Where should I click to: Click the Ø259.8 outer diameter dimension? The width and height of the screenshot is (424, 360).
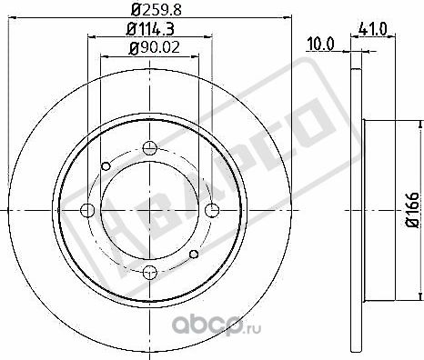[x=150, y=10]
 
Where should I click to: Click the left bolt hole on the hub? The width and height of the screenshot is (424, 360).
[x=88, y=211]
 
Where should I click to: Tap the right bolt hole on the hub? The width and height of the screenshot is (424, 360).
[x=212, y=211]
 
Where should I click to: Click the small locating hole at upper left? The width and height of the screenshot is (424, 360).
[x=106, y=165]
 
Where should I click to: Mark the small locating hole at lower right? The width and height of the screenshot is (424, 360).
[x=194, y=255]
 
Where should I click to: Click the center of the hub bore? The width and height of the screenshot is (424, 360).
[x=150, y=211]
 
